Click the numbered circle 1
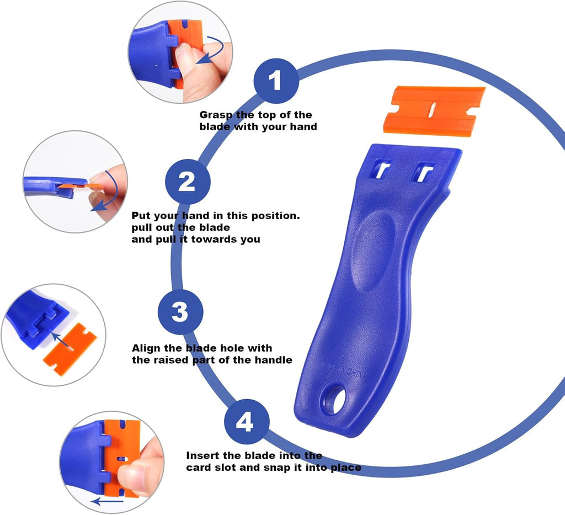(x=276, y=82)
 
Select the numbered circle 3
(x=180, y=312)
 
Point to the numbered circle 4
(x=246, y=423)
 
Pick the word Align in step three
(x=146, y=348)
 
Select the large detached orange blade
(x=434, y=110)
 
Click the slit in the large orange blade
(x=433, y=109)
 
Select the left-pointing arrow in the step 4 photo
(x=107, y=502)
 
